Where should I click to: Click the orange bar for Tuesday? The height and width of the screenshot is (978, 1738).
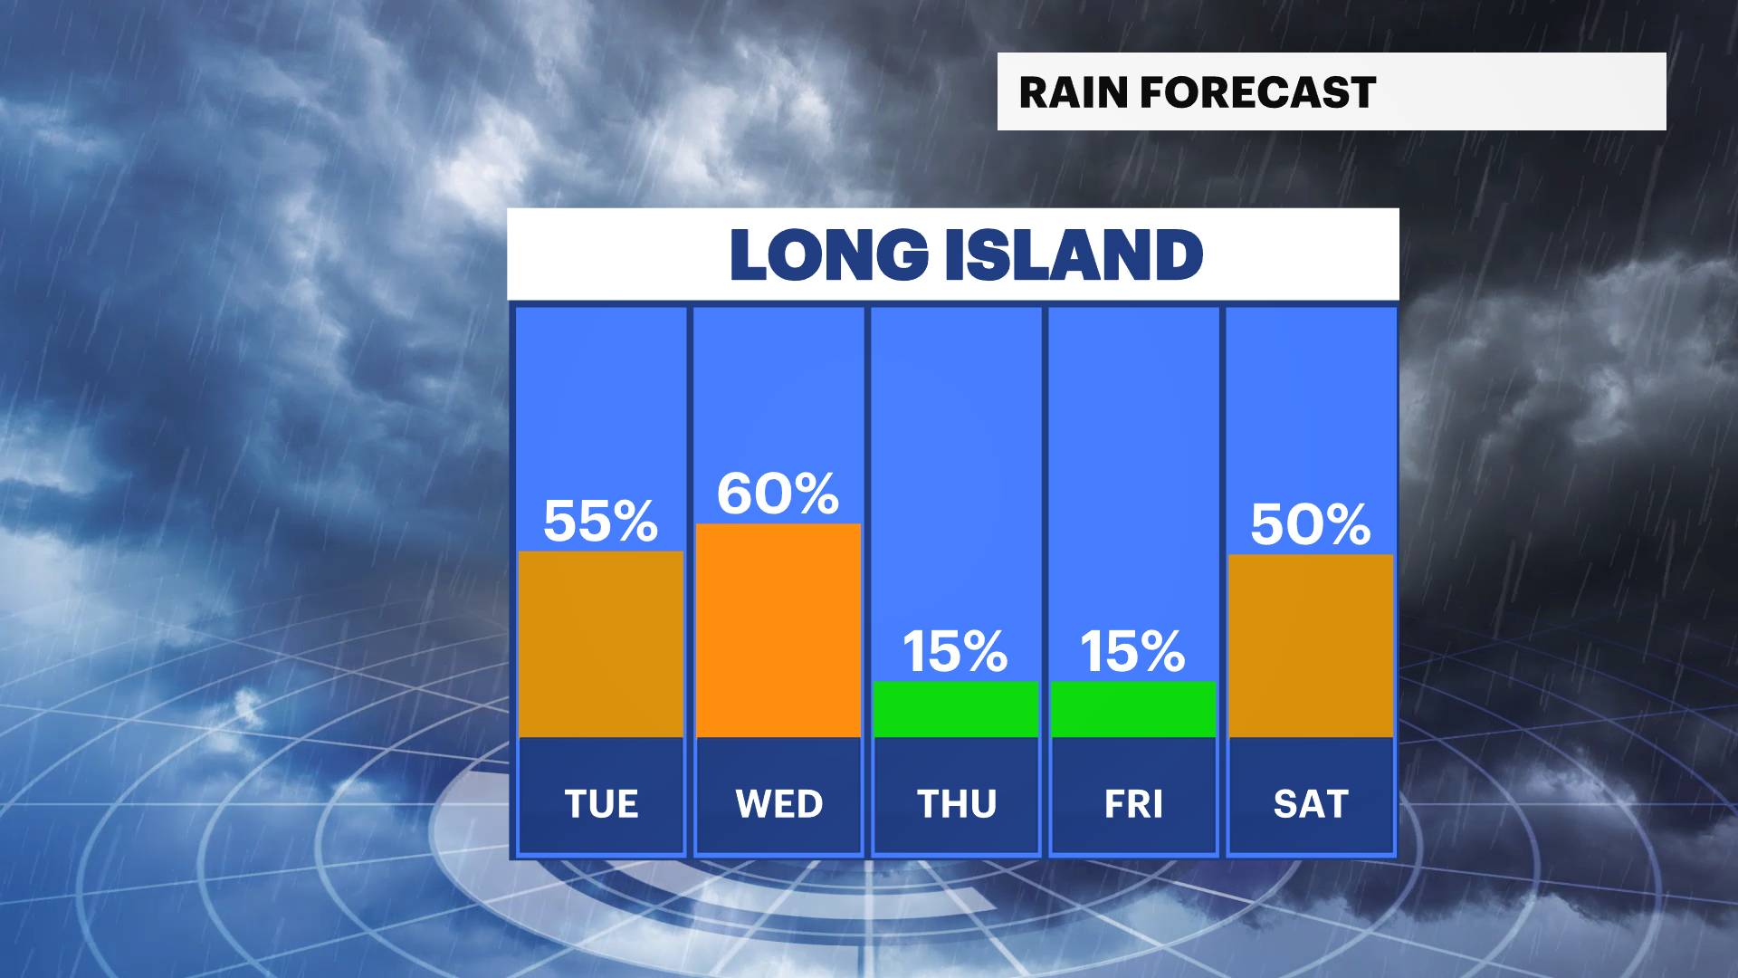click(x=600, y=644)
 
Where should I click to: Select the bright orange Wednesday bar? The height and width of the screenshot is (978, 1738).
click(x=778, y=630)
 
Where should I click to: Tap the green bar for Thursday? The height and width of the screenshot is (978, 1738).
click(x=956, y=709)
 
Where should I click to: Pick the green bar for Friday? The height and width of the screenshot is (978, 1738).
click(x=1133, y=709)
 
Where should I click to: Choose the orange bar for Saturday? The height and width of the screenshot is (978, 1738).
click(x=1311, y=646)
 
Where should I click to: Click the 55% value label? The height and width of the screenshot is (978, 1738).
click(x=600, y=521)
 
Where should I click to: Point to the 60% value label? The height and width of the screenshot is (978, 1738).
click(x=778, y=494)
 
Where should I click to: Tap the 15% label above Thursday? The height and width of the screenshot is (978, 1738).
click(x=956, y=651)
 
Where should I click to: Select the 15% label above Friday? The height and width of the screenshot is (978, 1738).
click(x=1133, y=651)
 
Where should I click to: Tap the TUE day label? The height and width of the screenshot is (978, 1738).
click(x=601, y=804)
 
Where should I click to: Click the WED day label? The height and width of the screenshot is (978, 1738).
click(x=778, y=804)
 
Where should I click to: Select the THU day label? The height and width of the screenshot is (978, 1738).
click(x=957, y=804)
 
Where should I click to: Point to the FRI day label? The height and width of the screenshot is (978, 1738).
click(x=1133, y=804)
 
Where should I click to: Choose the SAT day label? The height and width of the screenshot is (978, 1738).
click(x=1311, y=804)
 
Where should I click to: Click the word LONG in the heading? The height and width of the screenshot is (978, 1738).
click(x=829, y=254)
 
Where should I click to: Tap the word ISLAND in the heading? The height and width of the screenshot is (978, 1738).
click(x=1074, y=254)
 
